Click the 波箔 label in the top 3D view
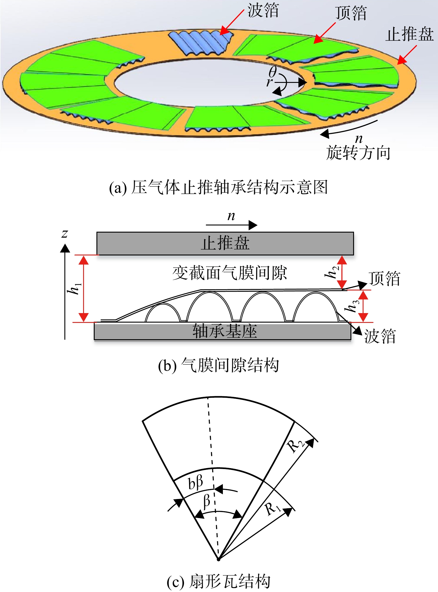(264, 11)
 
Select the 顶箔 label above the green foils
(351, 13)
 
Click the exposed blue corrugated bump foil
(201, 42)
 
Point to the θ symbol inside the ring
(273, 72)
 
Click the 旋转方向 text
(358, 153)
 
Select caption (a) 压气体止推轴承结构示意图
(218, 187)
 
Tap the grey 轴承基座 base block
(223, 331)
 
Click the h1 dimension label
(74, 288)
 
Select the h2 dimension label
(332, 271)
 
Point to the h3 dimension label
(352, 306)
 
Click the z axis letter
(65, 233)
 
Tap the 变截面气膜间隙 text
(230, 273)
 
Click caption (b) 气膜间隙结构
(219, 365)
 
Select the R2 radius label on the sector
(295, 445)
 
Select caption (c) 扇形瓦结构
(219, 582)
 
